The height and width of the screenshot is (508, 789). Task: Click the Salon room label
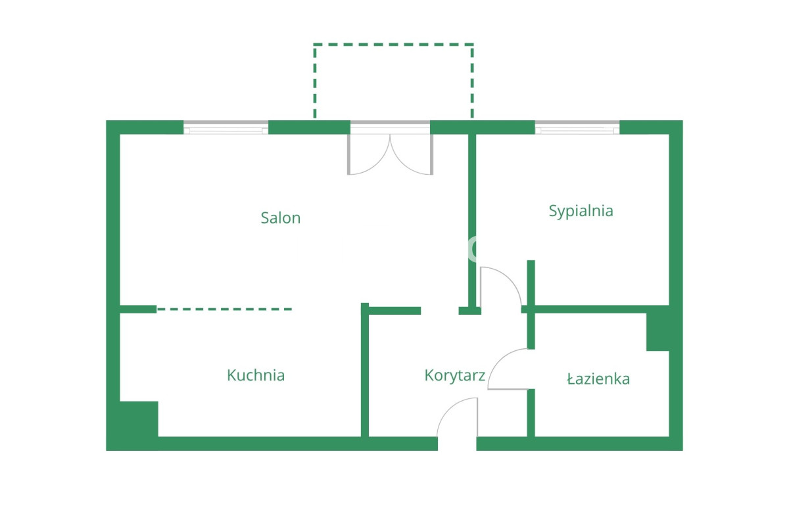pos(280,218)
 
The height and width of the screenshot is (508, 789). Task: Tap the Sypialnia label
pos(581,211)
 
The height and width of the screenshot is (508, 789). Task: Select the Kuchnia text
pos(256,375)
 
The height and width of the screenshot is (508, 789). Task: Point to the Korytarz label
pos(455,376)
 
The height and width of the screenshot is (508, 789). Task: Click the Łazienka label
pos(598,379)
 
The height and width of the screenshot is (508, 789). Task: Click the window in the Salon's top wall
pos(226,127)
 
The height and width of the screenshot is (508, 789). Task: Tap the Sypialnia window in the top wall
pos(577,127)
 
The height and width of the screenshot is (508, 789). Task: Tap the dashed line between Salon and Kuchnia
pos(224,309)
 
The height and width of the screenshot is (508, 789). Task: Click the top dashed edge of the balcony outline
pos(393,45)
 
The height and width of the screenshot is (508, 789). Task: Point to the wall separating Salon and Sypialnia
pos(472,220)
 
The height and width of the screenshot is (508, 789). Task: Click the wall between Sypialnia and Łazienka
pos(599,309)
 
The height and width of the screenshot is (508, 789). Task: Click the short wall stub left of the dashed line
pos(138,309)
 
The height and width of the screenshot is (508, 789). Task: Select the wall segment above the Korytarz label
pos(394,310)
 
